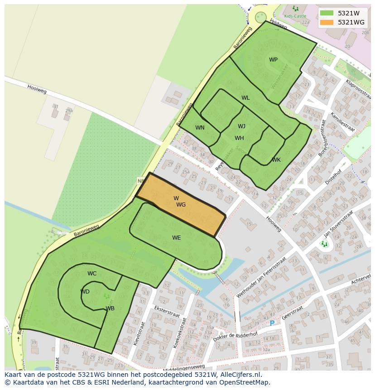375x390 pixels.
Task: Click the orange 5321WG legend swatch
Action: pos(327,22)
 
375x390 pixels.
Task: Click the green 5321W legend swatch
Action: pos(327,13)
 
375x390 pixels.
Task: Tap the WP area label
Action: pos(273,60)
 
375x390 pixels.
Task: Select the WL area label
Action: pos(245,98)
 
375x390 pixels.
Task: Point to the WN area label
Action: pos(200,128)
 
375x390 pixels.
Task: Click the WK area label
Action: pos(276,160)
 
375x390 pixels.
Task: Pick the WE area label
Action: pos(176,238)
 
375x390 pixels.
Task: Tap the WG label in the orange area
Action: pos(181,205)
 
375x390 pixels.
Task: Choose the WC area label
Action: pos(92,274)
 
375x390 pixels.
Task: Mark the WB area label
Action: pos(110,308)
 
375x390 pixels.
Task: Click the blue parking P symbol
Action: pos(272,323)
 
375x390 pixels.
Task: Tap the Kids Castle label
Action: pos(295,16)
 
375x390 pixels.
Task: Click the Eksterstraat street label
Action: pos(167,312)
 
